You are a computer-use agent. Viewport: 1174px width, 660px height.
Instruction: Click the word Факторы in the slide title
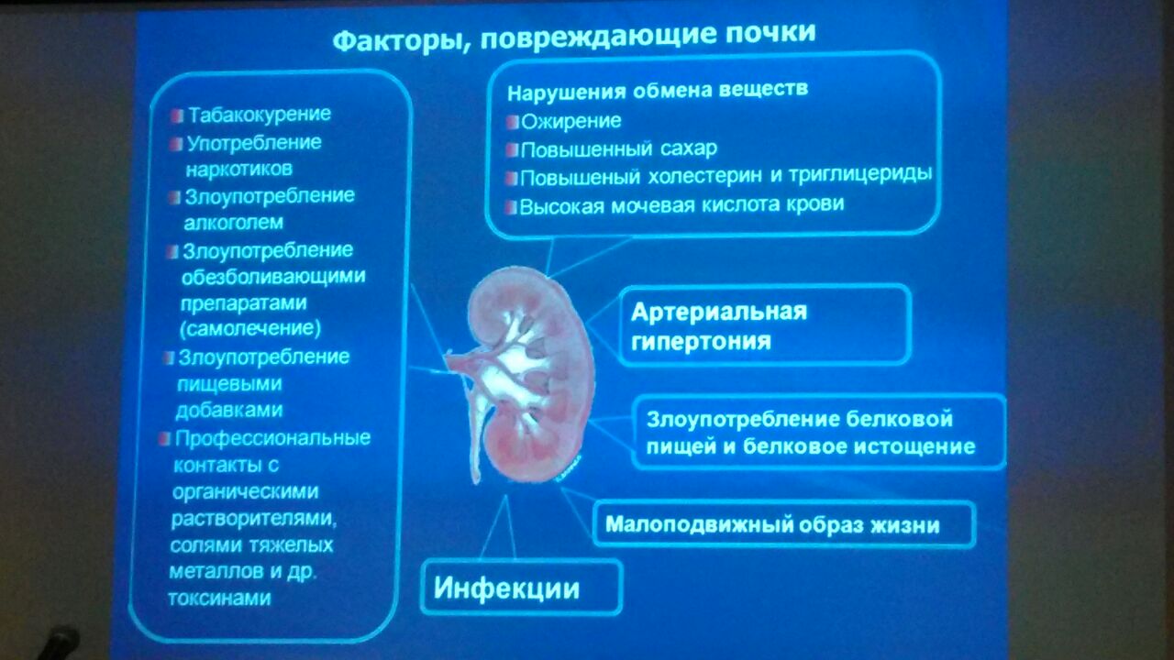coord(398,41)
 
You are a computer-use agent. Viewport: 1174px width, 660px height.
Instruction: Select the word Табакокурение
coord(260,115)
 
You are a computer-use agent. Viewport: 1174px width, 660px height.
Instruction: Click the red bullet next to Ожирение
coord(512,123)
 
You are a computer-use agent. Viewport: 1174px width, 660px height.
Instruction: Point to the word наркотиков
coord(239,170)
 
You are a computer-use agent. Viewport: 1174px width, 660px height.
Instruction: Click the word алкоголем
coord(233,223)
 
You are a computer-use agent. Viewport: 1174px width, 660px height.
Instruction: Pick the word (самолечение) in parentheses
coord(250,329)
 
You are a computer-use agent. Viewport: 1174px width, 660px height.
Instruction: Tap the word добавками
coord(229,410)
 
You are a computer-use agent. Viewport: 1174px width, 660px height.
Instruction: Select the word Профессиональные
coord(272,438)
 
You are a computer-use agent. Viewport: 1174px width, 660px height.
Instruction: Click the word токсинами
coord(219,599)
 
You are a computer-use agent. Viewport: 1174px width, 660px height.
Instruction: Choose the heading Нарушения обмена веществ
coord(658,91)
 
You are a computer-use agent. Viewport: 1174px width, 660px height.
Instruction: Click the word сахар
coord(688,148)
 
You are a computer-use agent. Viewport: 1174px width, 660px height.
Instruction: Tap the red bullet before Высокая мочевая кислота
coord(511,207)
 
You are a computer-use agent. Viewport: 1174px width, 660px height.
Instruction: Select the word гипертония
coord(701,342)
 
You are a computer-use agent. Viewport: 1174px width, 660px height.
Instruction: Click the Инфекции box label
coord(506,588)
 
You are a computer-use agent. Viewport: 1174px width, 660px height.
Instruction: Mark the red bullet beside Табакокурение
coord(178,115)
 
